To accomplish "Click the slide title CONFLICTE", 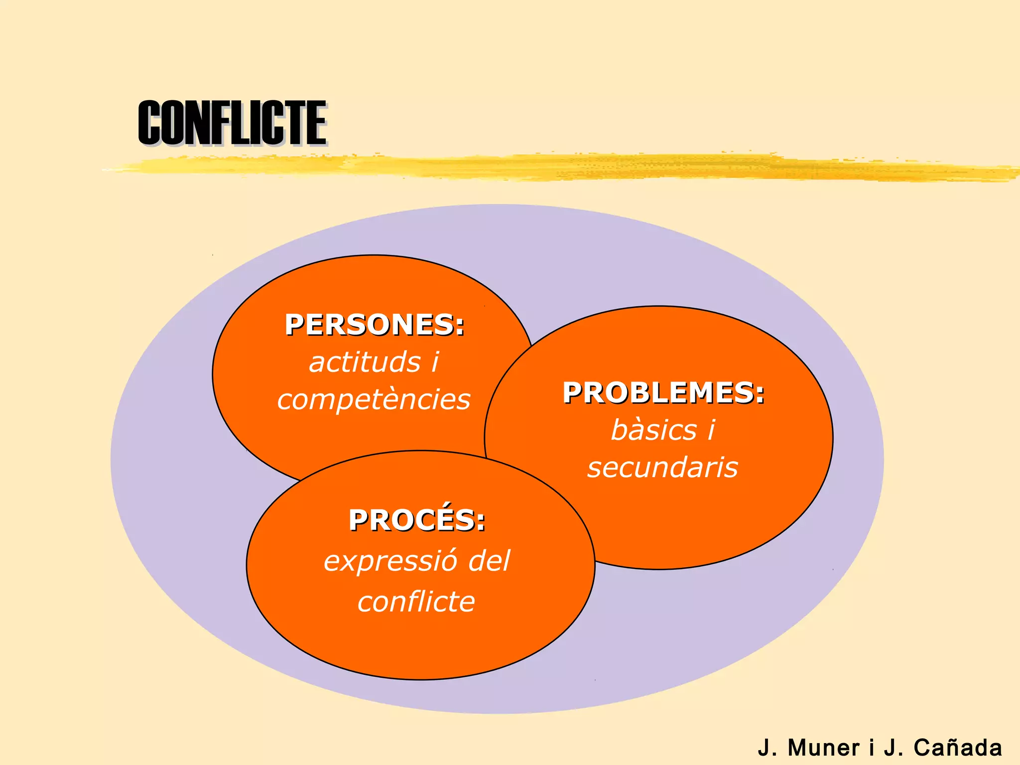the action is (x=232, y=123).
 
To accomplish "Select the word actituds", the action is (x=365, y=362).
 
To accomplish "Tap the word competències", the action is (x=374, y=399).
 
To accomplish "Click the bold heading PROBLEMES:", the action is (x=663, y=393).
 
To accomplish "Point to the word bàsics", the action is (x=654, y=430).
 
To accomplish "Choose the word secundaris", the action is (x=662, y=468).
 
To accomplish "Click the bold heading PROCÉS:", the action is (x=416, y=520).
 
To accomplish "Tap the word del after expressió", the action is (x=490, y=561).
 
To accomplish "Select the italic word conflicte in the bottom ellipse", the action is (x=416, y=602).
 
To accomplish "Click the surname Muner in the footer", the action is (x=823, y=748).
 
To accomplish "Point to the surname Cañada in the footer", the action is (x=957, y=748).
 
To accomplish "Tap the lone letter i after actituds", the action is (x=435, y=362).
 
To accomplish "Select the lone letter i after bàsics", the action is (x=711, y=430).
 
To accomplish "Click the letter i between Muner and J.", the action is (x=872, y=748).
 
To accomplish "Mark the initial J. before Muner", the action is (x=766, y=748).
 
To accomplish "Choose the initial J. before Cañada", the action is (x=893, y=748).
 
